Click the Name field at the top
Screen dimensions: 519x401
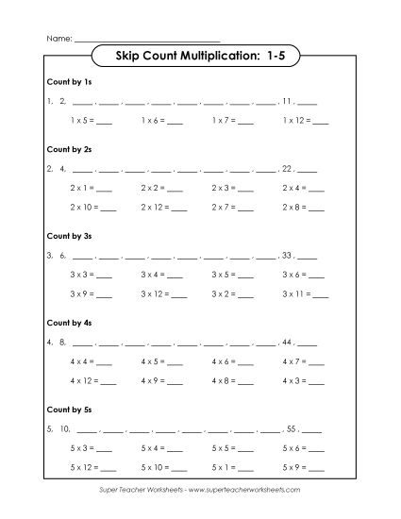pyautogui.click(x=146, y=39)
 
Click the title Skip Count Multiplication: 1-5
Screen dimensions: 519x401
pyautogui.click(x=199, y=58)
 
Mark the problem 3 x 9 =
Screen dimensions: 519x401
pyautogui.click(x=91, y=293)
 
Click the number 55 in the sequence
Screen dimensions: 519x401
pyautogui.click(x=292, y=427)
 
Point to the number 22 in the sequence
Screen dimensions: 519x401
pyautogui.click(x=289, y=170)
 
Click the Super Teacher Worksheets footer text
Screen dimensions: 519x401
pyautogui.click(x=200, y=491)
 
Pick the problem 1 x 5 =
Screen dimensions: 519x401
pyautogui.click(x=91, y=121)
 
